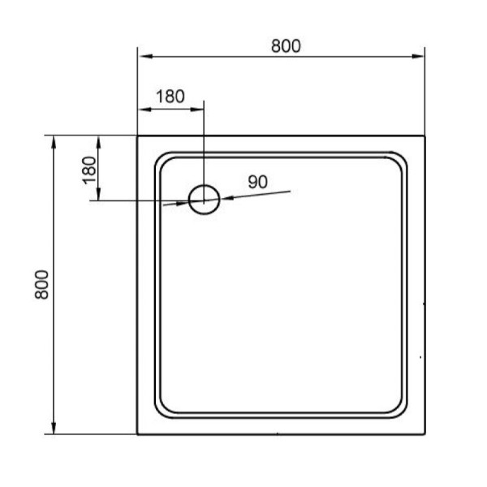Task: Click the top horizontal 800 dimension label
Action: point(286,45)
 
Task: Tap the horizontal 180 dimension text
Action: point(170,96)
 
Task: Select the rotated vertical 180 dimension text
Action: point(89,168)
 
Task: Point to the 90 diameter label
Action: point(257,183)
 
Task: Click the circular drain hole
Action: point(204,198)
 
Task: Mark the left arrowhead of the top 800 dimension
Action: point(144,57)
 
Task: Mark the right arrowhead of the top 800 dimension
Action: point(420,57)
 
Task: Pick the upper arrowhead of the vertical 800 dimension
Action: point(54,141)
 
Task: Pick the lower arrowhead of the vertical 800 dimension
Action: point(54,429)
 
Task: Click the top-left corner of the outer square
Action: point(137,136)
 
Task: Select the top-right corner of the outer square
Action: point(425,136)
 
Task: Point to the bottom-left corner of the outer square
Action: point(137,435)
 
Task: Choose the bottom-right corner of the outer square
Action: point(425,435)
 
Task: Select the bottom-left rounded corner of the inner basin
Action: point(160,412)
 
